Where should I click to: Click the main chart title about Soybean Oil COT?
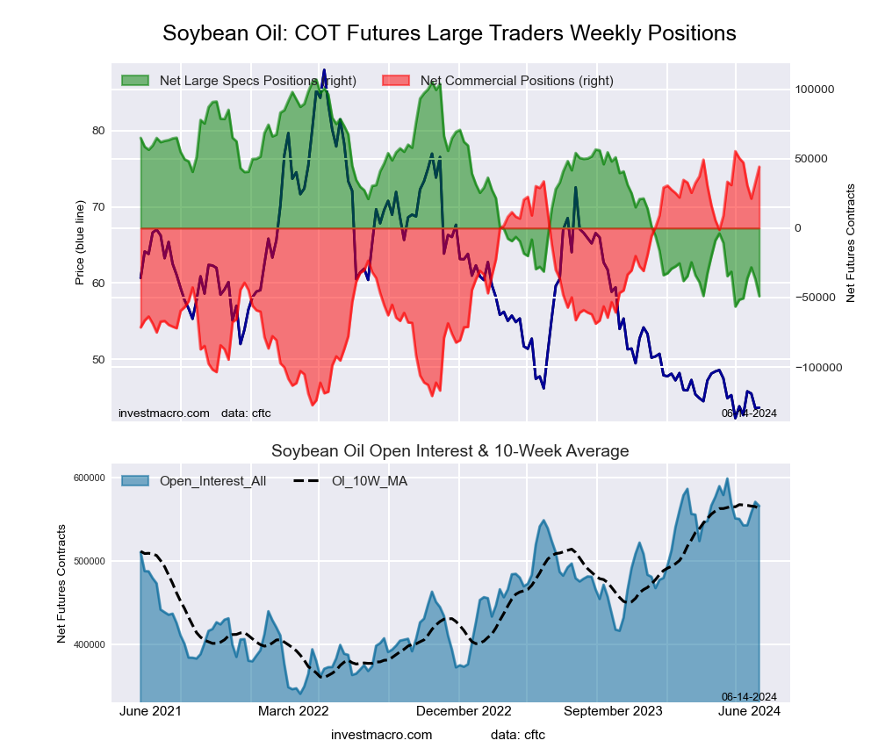(x=450, y=33)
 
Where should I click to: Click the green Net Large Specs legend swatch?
(x=135, y=81)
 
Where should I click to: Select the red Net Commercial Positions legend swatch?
(x=396, y=81)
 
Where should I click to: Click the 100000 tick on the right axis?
(x=814, y=90)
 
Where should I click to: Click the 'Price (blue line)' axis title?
(x=80, y=243)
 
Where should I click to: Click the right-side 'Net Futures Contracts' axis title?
(x=850, y=243)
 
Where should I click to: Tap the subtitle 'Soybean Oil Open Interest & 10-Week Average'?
(x=450, y=451)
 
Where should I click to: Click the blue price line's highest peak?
(x=324, y=70)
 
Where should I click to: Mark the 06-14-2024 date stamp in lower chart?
(x=749, y=696)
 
